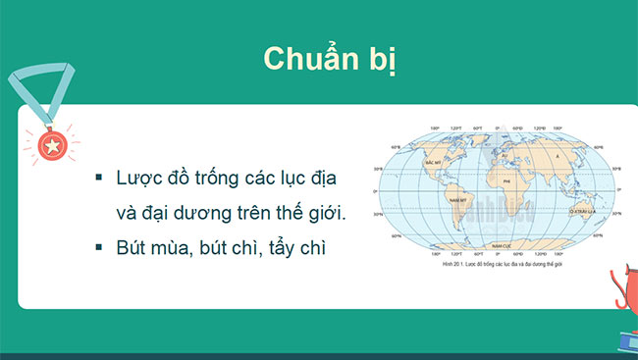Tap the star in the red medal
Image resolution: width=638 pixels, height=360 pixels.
coord(50,146)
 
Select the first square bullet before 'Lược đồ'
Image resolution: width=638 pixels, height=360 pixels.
coord(98,178)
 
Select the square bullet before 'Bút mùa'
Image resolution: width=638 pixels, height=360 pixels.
coord(98,248)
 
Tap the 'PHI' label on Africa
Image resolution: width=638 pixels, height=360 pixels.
coord(506,180)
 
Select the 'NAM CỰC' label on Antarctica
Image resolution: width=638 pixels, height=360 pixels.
coord(502,239)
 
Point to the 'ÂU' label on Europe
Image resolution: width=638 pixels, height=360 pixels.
coord(505,154)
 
